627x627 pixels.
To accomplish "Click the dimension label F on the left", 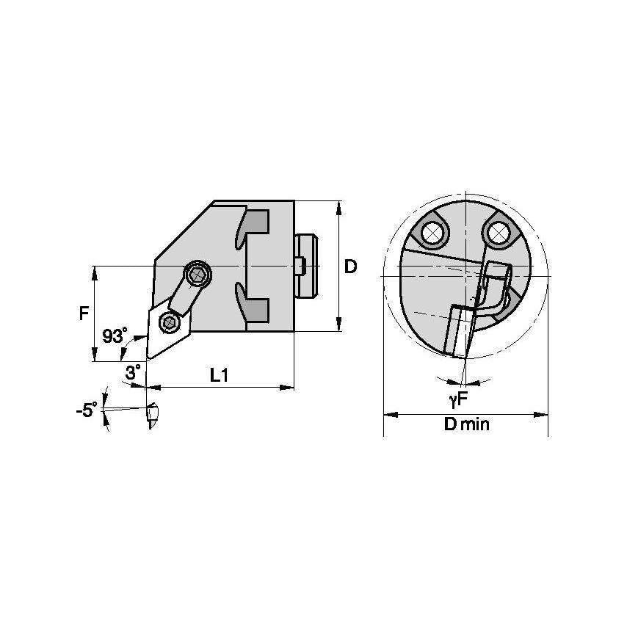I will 84,313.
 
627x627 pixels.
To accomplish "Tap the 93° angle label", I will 113,336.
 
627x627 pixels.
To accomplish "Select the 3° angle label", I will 132,373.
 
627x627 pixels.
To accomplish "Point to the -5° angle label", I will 86,411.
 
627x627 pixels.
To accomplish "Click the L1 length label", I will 220,375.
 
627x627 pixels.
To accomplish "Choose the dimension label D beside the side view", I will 351,267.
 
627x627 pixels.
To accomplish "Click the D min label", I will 466,425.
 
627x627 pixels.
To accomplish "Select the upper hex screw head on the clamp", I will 198,275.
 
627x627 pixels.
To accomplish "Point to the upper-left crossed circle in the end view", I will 432,233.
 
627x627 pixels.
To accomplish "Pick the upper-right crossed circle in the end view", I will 499,233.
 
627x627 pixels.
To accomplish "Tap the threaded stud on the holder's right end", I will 307,265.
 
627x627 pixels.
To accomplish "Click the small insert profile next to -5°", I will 151,416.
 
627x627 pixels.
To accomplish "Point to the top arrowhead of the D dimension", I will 338,205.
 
